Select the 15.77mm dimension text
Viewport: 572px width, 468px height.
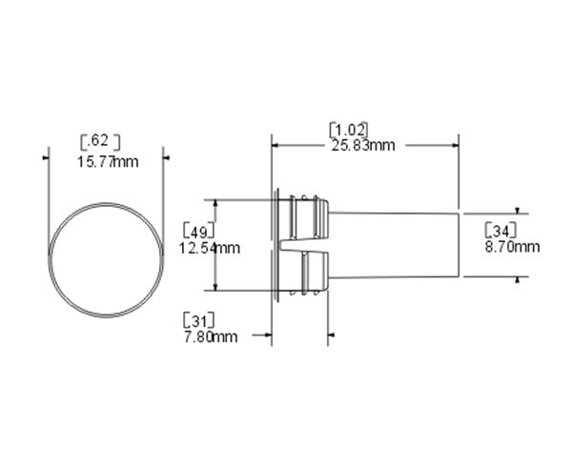[x=106, y=161]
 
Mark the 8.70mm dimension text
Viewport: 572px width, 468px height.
[x=513, y=247]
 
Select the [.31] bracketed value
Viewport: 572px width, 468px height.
[x=198, y=319]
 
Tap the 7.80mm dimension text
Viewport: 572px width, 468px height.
[x=211, y=336]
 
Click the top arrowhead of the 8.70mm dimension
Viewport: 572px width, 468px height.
[x=518, y=209]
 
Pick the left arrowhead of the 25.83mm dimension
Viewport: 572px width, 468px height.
[x=277, y=146]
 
